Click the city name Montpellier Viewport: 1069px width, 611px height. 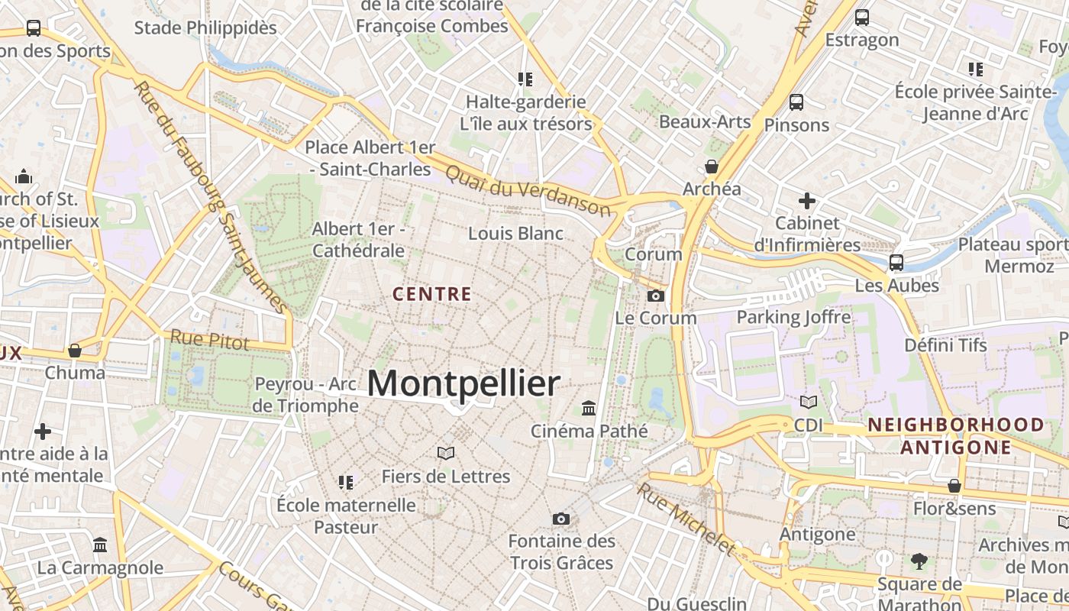tap(463, 383)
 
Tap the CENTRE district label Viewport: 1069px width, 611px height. tap(431, 293)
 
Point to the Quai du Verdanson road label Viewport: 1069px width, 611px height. tap(528, 191)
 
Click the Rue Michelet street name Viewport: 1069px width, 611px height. tap(685, 519)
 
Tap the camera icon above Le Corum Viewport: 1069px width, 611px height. tap(655, 296)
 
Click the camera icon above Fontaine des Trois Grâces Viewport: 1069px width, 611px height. tap(561, 519)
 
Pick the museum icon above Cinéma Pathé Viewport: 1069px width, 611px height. tap(589, 409)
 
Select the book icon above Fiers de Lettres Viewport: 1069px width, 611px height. tap(446, 454)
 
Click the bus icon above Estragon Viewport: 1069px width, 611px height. tap(862, 17)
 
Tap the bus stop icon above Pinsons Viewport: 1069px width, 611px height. tap(796, 102)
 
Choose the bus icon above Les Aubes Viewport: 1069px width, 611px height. tap(896, 263)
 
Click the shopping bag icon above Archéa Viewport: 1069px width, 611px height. tap(712, 166)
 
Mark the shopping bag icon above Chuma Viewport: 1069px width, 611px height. tap(75, 351)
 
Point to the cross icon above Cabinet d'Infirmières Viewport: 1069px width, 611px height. tap(807, 202)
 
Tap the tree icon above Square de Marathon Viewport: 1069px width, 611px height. tap(919, 562)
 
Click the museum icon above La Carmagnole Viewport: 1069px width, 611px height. tap(100, 545)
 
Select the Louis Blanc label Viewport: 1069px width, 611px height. tap(515, 233)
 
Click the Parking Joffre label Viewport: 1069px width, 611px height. tap(793, 317)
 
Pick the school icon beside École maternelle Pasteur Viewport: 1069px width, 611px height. tap(346, 483)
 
